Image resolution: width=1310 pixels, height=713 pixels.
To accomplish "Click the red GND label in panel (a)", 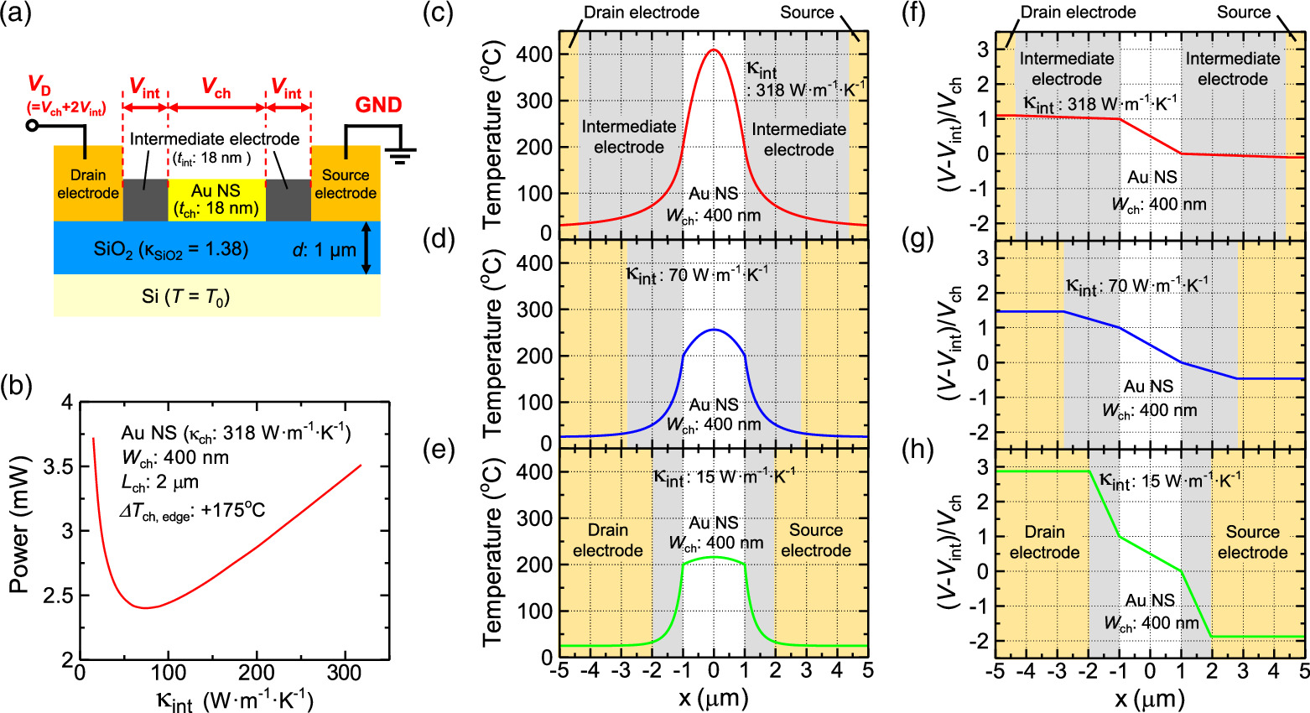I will pos(378,105).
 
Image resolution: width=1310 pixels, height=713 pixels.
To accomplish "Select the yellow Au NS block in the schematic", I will pos(216,200).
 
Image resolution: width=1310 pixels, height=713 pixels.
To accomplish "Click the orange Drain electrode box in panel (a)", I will pos(87,184).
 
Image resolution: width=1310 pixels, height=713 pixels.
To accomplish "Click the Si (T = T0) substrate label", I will pos(185,296).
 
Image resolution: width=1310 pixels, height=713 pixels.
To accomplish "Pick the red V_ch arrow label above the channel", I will pos(216,91).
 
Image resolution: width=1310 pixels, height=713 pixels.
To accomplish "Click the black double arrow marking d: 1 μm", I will pos(366,248).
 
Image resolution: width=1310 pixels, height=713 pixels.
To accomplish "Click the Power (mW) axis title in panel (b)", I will pos(18,525).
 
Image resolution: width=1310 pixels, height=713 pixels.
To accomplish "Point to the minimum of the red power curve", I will pos(147,607).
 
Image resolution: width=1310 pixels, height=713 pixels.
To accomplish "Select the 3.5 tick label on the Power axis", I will pos(56,466).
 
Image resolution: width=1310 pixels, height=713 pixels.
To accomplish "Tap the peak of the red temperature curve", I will pos(714,49).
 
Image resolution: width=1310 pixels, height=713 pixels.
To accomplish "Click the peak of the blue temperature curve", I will pos(714,330).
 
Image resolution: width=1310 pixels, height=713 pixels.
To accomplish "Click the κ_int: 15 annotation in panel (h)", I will pos(1170,481).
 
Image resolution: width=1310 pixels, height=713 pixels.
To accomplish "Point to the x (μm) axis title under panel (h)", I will pos(1149,698).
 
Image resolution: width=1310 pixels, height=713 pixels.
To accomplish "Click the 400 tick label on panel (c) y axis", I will pos(535,55).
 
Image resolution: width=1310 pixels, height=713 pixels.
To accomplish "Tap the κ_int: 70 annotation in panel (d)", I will pos(697,274).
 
